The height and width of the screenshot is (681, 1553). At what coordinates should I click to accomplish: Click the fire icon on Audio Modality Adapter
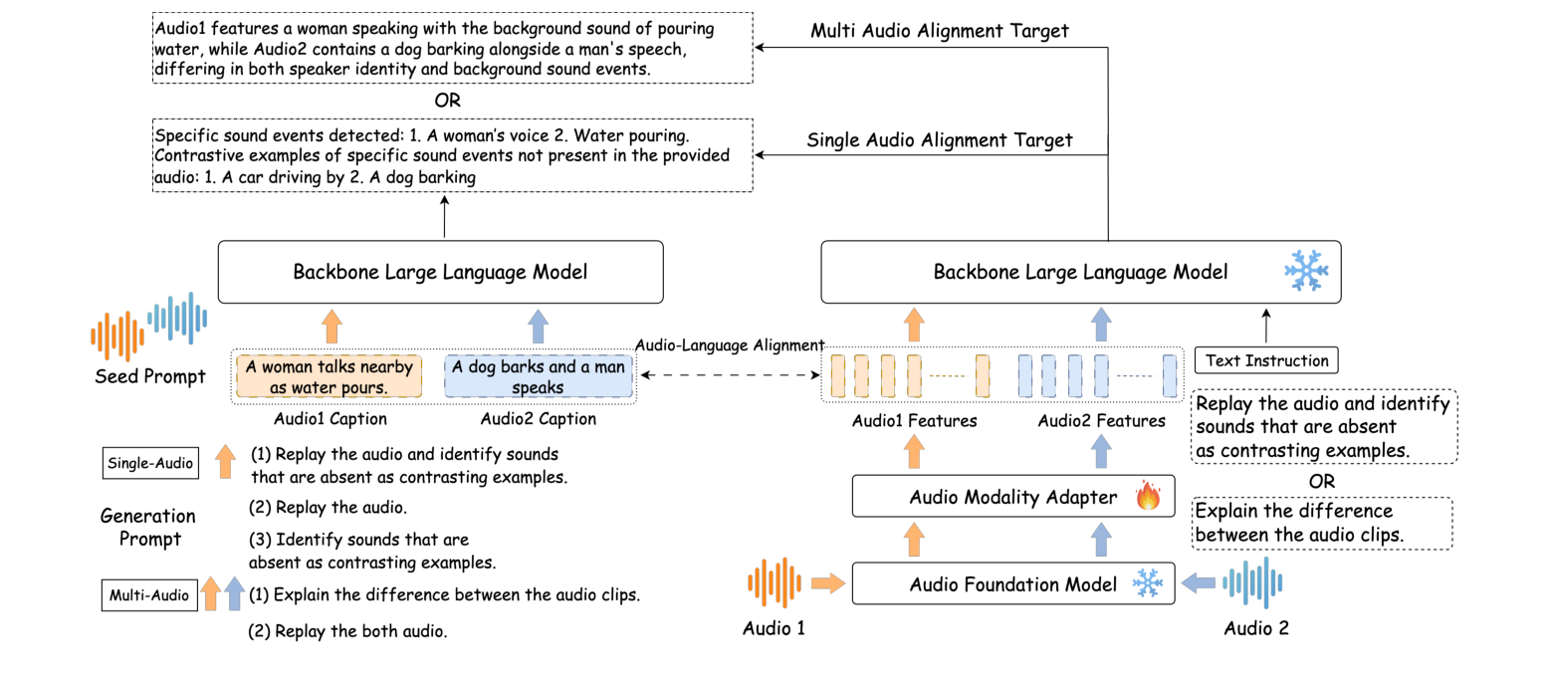click(1148, 496)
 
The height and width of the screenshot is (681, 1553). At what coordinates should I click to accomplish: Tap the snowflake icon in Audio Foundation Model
click(1148, 582)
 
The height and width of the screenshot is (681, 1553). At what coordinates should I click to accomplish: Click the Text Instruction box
click(1266, 360)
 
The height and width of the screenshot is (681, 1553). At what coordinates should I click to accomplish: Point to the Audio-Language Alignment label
click(729, 344)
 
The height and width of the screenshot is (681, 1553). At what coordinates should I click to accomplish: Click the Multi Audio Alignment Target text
click(940, 32)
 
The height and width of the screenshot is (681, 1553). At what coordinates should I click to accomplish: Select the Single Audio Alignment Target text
click(940, 140)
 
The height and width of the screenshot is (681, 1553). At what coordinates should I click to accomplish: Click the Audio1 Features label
click(914, 421)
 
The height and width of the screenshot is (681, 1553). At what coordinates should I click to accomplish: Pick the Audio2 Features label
click(1101, 421)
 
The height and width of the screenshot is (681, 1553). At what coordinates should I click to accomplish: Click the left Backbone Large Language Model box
click(440, 272)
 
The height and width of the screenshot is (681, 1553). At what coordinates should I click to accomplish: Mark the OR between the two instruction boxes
click(1323, 480)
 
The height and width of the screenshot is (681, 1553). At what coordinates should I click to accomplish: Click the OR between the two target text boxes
click(448, 101)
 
